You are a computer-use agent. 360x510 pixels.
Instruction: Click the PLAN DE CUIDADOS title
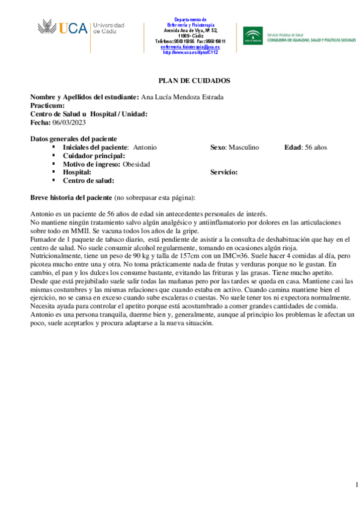click(194, 80)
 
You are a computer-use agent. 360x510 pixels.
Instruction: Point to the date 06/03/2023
click(69, 123)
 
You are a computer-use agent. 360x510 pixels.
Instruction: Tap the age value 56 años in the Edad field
click(316, 147)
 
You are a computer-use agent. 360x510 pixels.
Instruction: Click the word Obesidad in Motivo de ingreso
click(136, 164)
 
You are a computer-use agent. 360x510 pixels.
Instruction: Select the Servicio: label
click(224, 172)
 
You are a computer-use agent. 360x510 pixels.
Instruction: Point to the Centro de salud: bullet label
click(88, 180)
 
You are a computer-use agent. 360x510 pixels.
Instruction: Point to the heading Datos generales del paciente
click(73, 138)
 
